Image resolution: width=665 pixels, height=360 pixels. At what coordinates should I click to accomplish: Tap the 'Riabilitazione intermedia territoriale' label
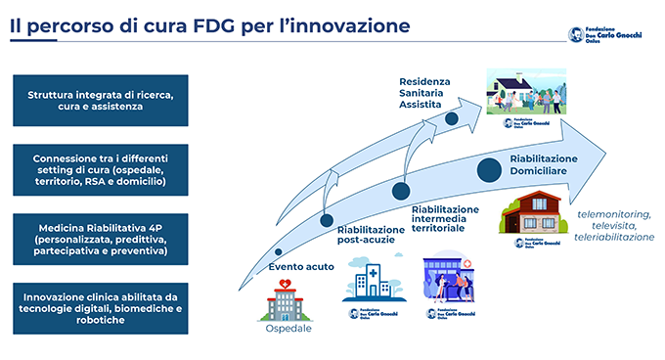tap(446, 216)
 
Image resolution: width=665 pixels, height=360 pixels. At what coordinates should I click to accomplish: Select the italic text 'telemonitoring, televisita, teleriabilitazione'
tap(614, 225)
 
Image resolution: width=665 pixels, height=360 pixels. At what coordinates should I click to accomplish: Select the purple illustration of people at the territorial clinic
tap(450, 281)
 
